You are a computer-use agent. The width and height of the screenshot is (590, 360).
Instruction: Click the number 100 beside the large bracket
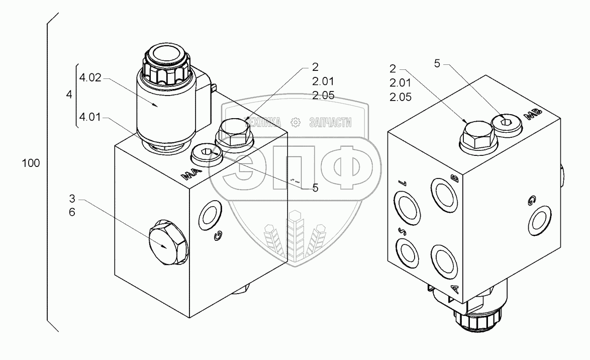click(31, 163)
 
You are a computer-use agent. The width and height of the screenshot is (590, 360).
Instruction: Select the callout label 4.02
click(90, 78)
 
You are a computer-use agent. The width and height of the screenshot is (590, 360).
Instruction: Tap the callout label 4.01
click(90, 117)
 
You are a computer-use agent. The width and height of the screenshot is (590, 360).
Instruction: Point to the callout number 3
click(72, 199)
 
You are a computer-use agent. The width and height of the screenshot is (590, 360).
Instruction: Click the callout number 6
click(72, 212)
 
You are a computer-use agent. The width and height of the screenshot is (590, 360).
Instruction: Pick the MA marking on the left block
click(191, 173)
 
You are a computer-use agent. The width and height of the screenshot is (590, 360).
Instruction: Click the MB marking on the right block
click(534, 114)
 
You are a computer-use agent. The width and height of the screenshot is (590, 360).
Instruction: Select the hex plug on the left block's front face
click(168, 243)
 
